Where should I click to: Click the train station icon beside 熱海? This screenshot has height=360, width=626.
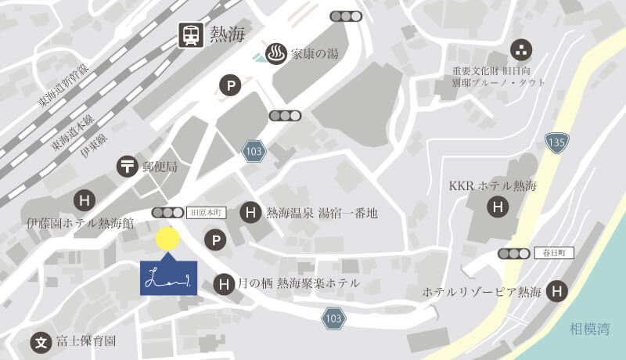point(190,35)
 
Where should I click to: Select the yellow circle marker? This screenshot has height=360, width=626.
point(167,239)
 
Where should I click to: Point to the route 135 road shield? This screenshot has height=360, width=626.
point(556,142)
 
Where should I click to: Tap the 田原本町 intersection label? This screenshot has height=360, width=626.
point(207,212)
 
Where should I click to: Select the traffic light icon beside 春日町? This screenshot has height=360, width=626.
point(513,253)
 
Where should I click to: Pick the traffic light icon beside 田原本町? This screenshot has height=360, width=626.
point(167,212)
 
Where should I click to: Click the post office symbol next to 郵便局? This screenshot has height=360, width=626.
point(127,166)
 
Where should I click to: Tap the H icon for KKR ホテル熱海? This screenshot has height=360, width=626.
point(496,207)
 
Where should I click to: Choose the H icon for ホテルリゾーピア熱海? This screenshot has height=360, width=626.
point(557,291)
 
